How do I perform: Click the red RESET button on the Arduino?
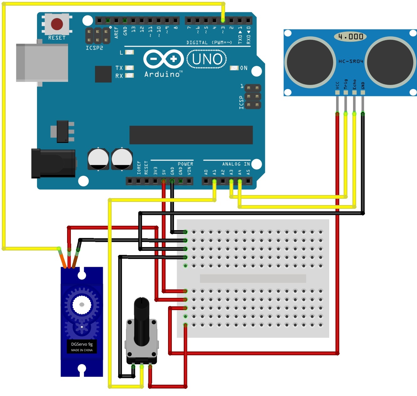[57, 24]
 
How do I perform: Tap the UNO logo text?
[207, 59]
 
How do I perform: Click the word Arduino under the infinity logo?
[162, 74]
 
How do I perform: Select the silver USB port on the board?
[42, 63]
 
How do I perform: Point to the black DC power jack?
[53, 163]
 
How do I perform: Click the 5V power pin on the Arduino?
[163, 181]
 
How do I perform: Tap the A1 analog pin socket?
[214, 181]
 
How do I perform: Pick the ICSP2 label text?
[94, 48]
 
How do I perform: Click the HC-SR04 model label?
[351, 61]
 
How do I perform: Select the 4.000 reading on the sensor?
[351, 37]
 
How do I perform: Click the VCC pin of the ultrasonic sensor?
[337, 92]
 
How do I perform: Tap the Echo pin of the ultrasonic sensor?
[354, 92]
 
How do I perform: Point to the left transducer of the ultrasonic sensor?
[310, 62]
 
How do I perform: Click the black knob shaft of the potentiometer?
[142, 320]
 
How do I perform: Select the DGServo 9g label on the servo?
[82, 344]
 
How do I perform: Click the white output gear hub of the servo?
[82, 304]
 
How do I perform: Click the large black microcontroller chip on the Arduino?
[191, 135]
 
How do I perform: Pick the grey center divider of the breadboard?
[253, 278]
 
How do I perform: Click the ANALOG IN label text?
[236, 164]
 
